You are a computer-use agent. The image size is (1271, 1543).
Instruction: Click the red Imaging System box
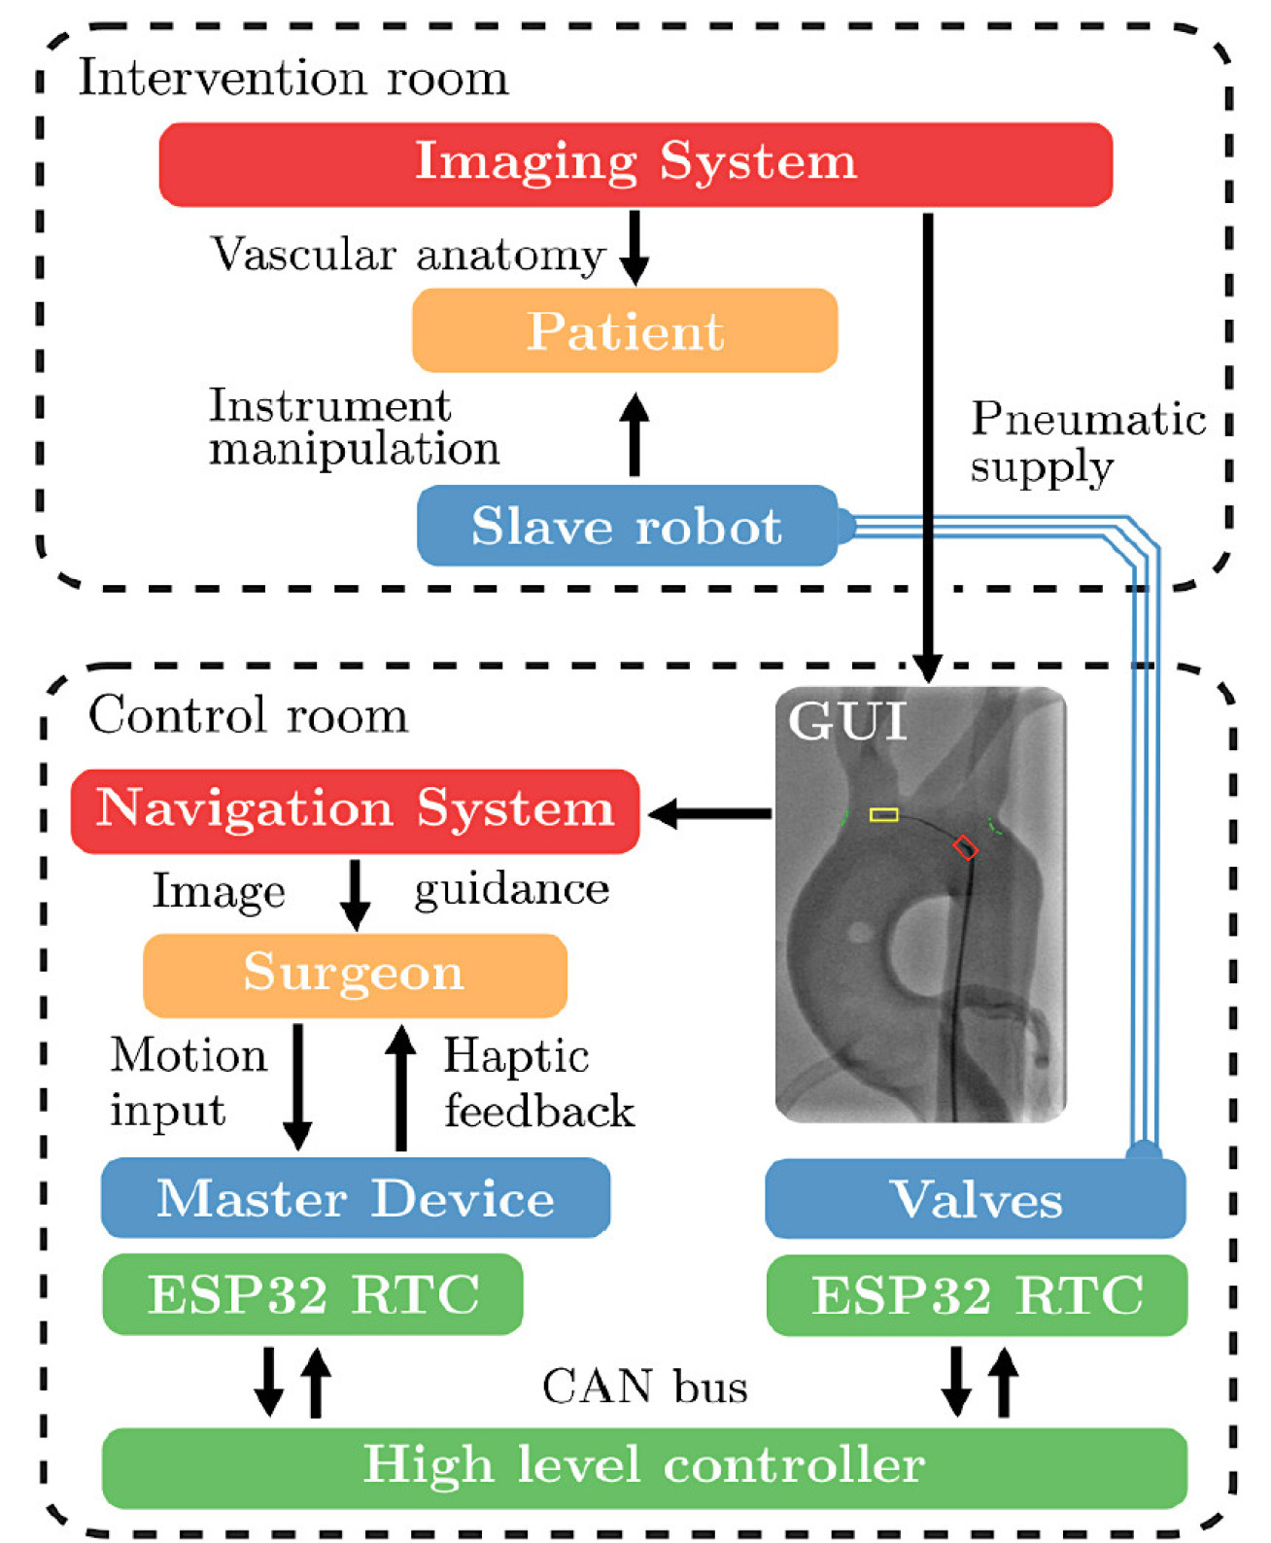(635, 163)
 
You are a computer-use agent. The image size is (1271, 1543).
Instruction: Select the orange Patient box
(625, 330)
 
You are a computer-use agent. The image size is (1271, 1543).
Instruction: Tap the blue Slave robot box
(627, 526)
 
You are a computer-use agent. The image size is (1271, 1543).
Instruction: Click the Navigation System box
(355, 810)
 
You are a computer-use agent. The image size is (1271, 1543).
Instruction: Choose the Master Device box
(356, 1197)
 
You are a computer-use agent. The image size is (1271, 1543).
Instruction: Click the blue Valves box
(976, 1199)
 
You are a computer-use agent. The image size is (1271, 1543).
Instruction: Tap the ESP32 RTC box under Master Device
(313, 1294)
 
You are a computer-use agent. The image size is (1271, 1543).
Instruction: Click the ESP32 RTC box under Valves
(977, 1295)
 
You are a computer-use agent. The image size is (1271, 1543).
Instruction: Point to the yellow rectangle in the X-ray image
(883, 814)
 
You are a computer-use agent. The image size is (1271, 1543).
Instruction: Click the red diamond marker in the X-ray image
(964, 847)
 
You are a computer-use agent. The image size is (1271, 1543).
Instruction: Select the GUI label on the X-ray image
(847, 721)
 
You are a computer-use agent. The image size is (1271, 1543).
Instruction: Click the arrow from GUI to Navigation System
(709, 813)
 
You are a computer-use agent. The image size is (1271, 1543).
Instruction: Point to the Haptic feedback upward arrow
(400, 1088)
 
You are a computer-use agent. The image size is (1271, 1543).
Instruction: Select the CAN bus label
(645, 1387)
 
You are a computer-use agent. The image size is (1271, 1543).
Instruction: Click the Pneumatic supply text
(1086, 442)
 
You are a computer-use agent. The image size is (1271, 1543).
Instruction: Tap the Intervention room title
(292, 78)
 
